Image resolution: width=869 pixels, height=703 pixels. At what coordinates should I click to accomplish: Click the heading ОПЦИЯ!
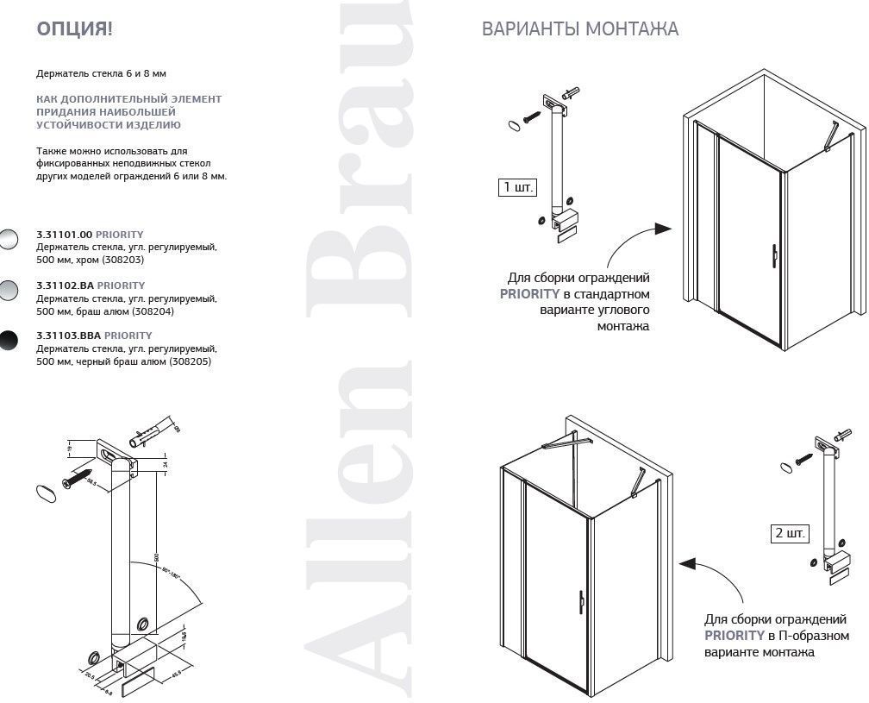[x=74, y=29]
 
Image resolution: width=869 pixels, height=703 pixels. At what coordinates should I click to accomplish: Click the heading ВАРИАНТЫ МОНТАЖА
[x=579, y=29]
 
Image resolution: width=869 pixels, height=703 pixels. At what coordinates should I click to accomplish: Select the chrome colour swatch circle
[x=8, y=240]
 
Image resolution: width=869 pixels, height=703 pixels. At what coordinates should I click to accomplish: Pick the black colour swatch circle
[x=8, y=341]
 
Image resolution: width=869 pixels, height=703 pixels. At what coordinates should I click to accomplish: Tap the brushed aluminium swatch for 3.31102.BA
[x=8, y=291]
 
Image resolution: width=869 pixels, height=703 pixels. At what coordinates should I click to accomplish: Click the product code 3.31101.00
[x=64, y=235]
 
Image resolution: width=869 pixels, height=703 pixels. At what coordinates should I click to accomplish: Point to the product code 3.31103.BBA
[x=69, y=336]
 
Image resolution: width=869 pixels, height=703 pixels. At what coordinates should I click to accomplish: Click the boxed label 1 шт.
[x=517, y=187]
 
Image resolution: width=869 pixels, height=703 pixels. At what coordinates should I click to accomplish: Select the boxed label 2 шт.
[x=790, y=533]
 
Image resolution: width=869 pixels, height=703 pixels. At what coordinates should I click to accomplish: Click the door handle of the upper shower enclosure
[x=775, y=254]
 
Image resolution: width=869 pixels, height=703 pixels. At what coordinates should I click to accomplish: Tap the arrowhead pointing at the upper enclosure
[x=662, y=229]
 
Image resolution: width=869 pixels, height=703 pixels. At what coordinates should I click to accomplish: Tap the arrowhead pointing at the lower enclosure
[x=687, y=564]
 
